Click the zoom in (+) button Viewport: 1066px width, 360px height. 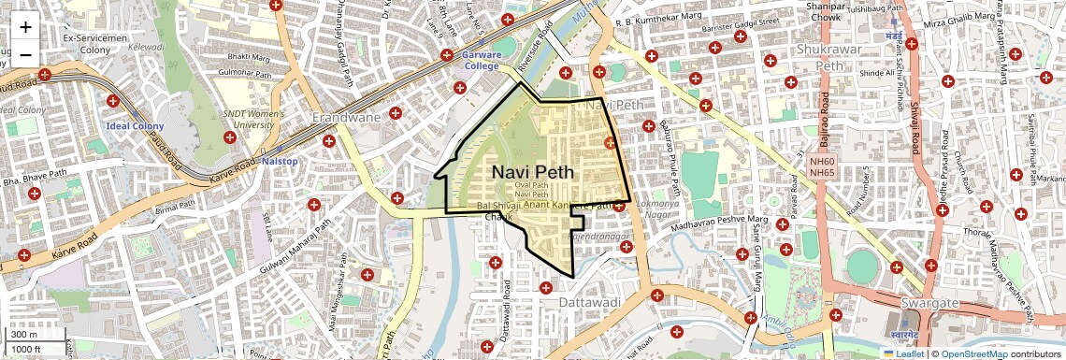(25, 27)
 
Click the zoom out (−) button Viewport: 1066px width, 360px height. (25, 54)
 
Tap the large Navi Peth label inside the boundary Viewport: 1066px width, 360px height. (533, 173)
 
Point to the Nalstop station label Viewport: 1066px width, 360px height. (279, 161)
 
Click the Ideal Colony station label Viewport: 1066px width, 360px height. (135, 126)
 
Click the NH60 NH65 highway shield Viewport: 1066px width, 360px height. (822, 166)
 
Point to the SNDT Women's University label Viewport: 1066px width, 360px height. (248, 119)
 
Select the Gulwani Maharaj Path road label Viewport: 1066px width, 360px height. (296, 242)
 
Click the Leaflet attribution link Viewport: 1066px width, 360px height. (903, 353)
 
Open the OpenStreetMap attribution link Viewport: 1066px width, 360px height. (974, 353)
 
